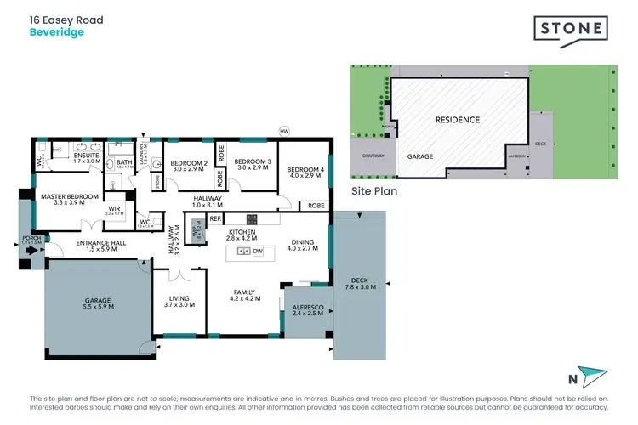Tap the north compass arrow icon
593,377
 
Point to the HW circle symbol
285,131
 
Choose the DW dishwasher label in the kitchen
257,252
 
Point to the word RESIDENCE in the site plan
458,120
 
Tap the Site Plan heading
374,192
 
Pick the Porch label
31,240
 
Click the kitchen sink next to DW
243,252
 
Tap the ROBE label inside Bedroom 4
316,206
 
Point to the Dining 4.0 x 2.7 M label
302,245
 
